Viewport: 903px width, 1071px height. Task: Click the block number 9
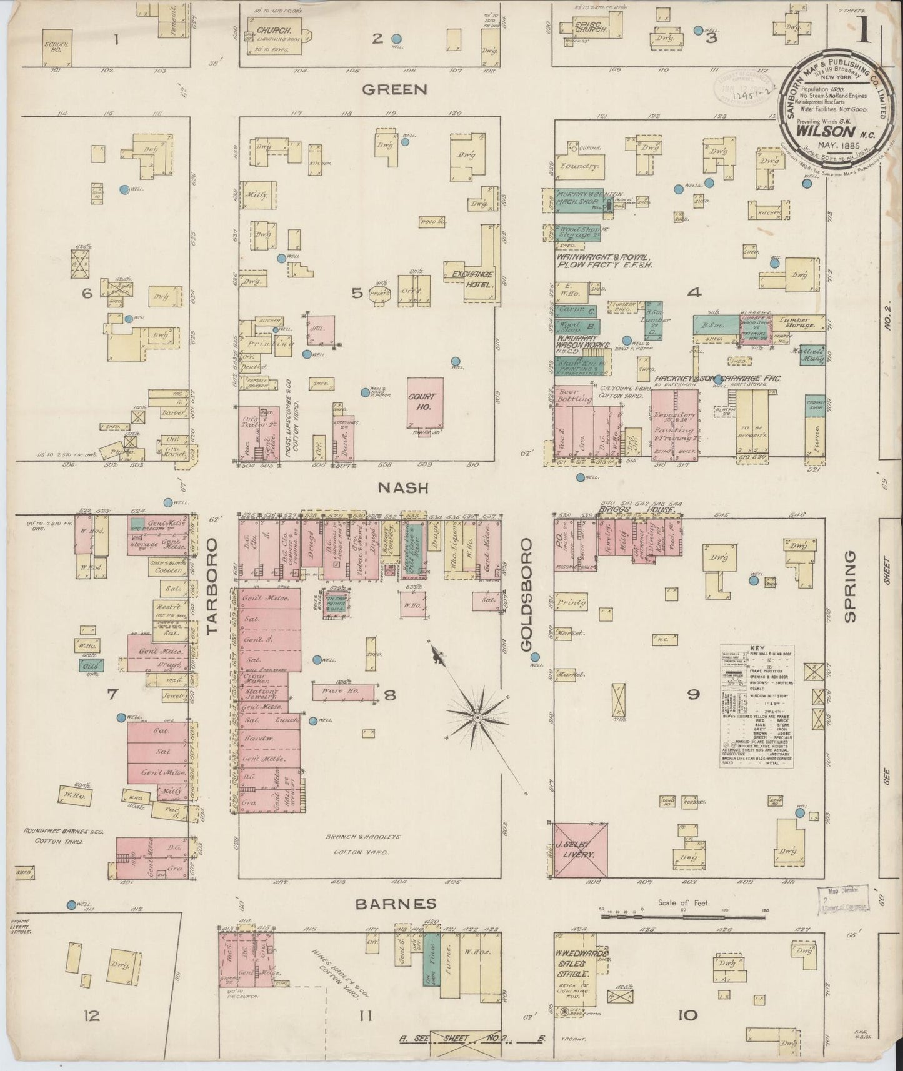[x=692, y=694]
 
